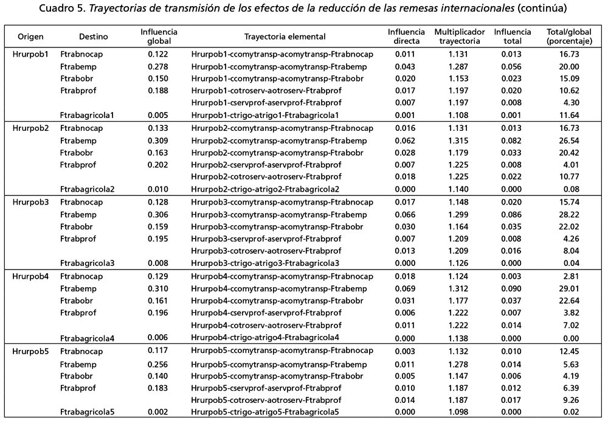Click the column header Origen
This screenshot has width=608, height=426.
tap(30, 37)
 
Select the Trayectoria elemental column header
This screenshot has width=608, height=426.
tap(285, 37)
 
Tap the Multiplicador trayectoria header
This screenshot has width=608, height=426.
tap(459, 37)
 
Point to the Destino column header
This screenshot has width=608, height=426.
tap(94, 37)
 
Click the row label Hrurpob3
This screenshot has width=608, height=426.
tap(30, 202)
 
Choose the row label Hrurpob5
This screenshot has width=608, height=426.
tap(30, 351)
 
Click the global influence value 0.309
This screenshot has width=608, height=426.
tap(157, 140)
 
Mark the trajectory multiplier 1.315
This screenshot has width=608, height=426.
tap(459, 140)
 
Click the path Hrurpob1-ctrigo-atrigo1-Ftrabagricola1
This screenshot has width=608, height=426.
tap(264, 115)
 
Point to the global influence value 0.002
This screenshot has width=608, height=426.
tap(157, 412)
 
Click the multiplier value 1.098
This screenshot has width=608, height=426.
tap(459, 412)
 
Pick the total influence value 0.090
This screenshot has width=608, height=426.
tap(512, 288)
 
